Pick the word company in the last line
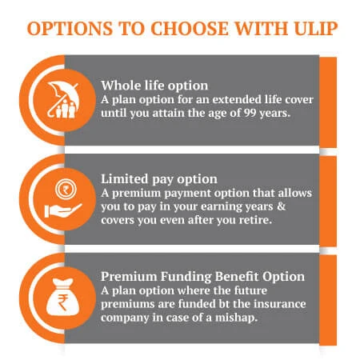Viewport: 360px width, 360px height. pyautogui.click(x=126, y=318)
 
